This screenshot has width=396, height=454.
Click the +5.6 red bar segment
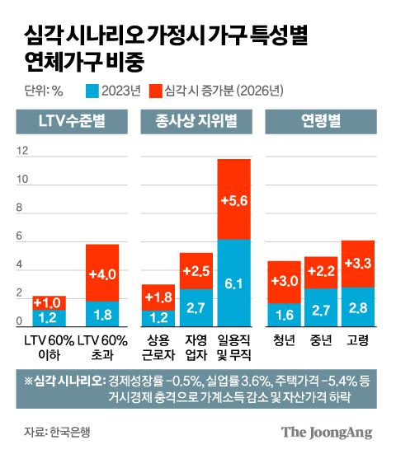click(233, 199)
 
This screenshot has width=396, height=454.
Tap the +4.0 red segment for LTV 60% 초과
click(102, 272)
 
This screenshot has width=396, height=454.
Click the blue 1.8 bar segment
click(102, 313)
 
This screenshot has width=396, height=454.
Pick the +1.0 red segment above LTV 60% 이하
click(49, 302)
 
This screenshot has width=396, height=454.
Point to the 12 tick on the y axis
click(22, 151)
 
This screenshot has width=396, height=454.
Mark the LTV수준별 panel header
click(73, 124)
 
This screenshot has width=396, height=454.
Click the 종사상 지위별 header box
click(196, 124)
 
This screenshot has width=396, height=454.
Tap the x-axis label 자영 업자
click(196, 347)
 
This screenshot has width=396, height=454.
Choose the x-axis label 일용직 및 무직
click(233, 347)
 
